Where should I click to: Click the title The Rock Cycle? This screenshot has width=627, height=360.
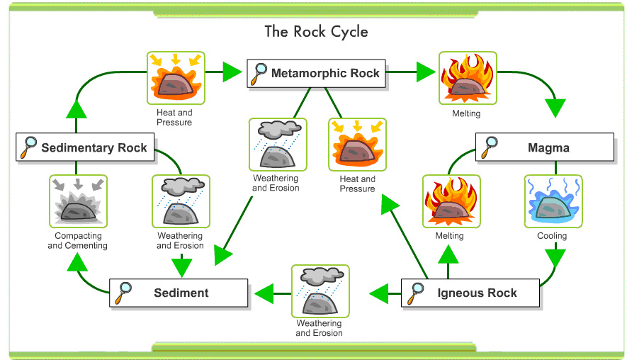click(x=316, y=32)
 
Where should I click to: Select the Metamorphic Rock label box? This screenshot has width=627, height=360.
click(x=317, y=73)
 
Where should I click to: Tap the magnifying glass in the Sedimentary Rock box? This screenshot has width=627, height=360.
click(x=29, y=147)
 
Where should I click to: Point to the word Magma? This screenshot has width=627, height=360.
click(x=548, y=148)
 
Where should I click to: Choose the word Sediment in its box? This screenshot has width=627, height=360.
click(x=181, y=293)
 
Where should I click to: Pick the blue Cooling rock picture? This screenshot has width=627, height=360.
click(x=553, y=201)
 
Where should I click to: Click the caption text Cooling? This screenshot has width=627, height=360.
click(x=552, y=236)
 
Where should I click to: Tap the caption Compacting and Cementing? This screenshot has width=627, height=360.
click(x=78, y=241)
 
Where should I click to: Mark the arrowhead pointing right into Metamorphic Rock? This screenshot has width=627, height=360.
click(x=232, y=72)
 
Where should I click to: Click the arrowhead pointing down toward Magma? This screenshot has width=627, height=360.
click(x=556, y=108)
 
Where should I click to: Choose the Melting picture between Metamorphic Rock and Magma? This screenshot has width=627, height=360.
click(x=467, y=77)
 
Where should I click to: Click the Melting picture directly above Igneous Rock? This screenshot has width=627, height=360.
click(x=451, y=201)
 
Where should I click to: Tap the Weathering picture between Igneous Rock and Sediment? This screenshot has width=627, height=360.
click(x=320, y=291)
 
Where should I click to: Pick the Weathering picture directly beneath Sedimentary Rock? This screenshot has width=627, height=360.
click(x=181, y=201)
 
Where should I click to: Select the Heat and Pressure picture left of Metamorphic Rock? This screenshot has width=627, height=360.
click(x=175, y=77)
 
